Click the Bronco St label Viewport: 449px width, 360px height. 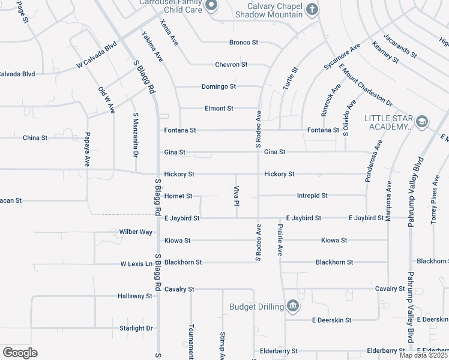click(x=243, y=43)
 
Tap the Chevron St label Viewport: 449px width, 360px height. click(x=231, y=64)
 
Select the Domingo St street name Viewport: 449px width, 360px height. click(x=218, y=86)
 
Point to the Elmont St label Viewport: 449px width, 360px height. click(x=218, y=109)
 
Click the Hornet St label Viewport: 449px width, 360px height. click(x=178, y=196)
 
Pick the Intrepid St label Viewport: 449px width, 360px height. click(x=312, y=196)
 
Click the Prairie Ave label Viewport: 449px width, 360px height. click(x=280, y=240)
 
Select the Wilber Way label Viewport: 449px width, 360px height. click(x=136, y=232)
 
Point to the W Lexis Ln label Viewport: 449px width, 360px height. click(x=136, y=263)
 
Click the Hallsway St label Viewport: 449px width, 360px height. click(x=135, y=296)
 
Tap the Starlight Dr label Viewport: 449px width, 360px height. click(x=136, y=328)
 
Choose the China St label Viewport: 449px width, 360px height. click(x=35, y=138)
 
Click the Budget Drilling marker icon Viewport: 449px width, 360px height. click(x=292, y=307)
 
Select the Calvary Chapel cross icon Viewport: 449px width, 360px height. click(x=312, y=9)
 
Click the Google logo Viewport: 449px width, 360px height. click(x=20, y=353)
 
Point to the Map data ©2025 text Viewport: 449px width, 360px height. click(x=423, y=355)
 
